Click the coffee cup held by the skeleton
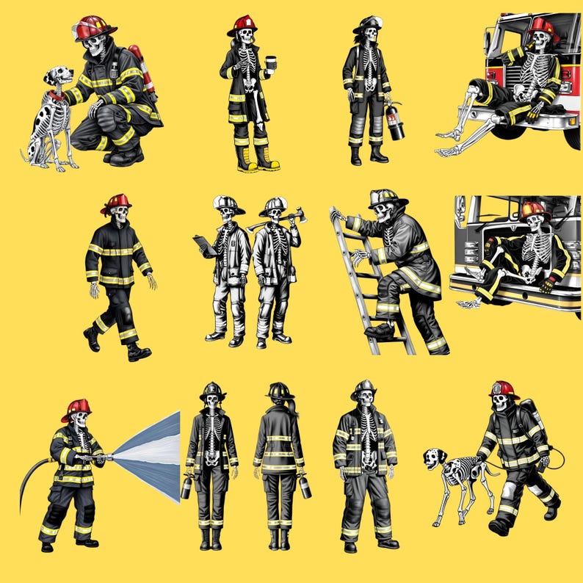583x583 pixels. pos(270,63)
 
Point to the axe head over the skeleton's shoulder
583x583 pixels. pos(296,216)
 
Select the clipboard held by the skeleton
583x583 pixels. pos(205,245)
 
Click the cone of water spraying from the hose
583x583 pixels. pos(151,456)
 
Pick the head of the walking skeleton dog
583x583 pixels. pos(434,460)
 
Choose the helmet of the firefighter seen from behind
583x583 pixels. pos(280,391)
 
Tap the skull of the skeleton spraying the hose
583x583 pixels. pos(80,419)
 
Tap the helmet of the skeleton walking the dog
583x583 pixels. pos(504,389)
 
